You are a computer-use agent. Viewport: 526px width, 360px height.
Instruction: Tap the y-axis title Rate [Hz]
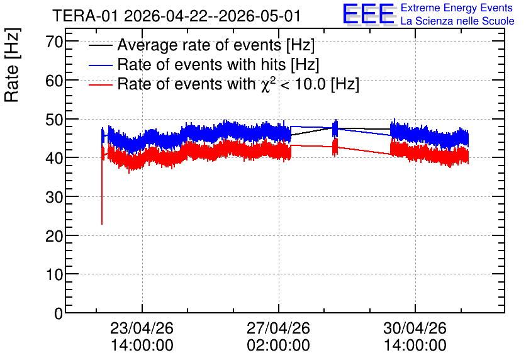click(12, 65)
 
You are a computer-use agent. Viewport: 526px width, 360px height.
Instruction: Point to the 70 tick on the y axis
click(54, 42)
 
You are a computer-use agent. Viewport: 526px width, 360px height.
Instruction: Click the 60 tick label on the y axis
click(54, 81)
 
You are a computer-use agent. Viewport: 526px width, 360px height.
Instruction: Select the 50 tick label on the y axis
click(54, 120)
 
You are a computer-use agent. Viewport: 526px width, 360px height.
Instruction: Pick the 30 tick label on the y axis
click(54, 197)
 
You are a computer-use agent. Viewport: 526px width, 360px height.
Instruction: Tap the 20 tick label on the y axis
click(54, 236)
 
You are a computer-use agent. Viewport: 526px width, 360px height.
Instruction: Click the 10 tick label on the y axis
click(54, 274)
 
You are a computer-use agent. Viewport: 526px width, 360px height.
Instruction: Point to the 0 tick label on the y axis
click(59, 313)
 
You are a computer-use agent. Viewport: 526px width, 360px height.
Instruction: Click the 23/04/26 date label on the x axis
click(142, 328)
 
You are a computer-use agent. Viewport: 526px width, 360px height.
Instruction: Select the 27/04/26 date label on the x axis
click(279, 328)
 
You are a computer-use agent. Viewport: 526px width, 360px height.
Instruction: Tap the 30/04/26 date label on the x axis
click(415, 328)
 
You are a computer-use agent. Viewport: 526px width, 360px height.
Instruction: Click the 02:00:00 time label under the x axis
click(279, 345)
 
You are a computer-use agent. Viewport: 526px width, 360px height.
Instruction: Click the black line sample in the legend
click(100, 45)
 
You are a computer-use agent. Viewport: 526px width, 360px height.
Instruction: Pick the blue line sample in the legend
click(100, 65)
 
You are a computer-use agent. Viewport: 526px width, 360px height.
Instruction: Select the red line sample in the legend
click(100, 84)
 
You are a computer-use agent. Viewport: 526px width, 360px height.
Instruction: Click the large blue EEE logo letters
click(369, 14)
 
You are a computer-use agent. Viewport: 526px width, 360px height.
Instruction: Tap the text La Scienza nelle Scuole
click(457, 21)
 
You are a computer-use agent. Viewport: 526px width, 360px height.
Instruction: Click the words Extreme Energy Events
click(457, 8)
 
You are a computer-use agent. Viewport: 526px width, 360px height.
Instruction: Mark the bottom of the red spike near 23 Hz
click(102, 224)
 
